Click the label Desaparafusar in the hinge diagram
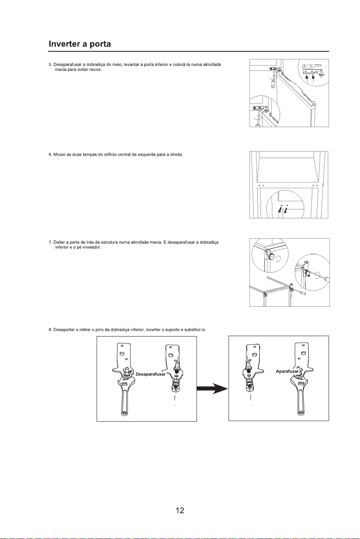pos(150,374)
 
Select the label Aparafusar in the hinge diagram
pos(287,371)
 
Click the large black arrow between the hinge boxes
pos(212,388)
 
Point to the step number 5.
pos(50,64)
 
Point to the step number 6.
pos(50,154)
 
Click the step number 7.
pos(50,242)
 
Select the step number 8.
pos(50,330)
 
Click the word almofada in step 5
pos(212,64)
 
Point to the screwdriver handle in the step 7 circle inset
pos(326,279)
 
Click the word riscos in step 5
pos(95,70)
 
